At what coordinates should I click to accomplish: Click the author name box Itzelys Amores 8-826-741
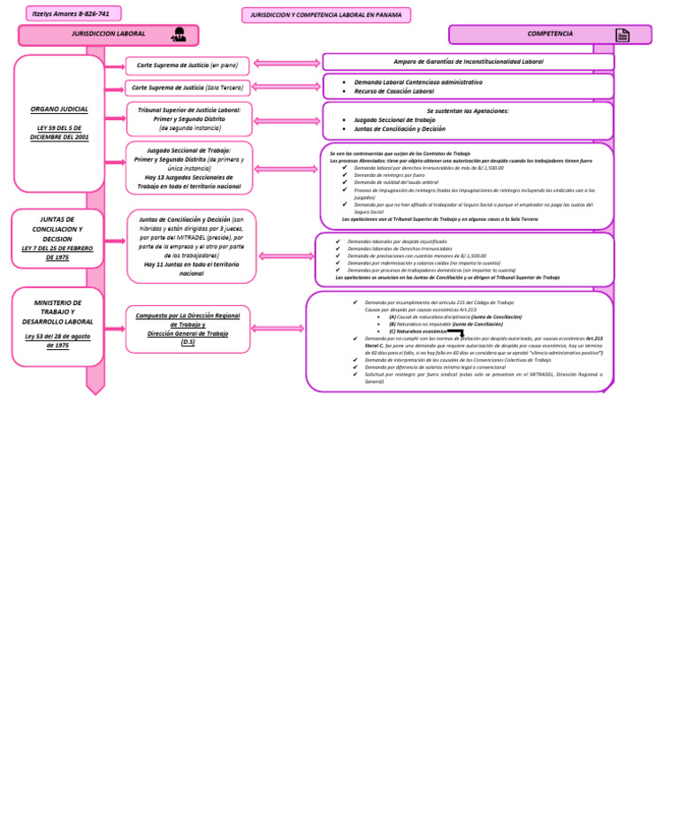point(73,13)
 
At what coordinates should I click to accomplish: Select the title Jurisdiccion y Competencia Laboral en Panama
point(326,15)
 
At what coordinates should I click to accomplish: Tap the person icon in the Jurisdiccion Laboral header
point(179,35)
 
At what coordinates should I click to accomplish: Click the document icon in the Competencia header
point(622,35)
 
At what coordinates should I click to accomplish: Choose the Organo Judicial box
point(59,123)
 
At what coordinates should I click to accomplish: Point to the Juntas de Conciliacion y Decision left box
point(57,238)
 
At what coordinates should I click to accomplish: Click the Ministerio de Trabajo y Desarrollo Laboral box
point(57,325)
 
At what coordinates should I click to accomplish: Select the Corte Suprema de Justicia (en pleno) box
point(187,65)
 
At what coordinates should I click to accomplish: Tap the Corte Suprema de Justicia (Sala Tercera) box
point(187,88)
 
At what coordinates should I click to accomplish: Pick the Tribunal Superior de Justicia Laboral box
point(189,118)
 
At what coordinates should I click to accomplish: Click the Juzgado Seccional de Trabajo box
point(188,168)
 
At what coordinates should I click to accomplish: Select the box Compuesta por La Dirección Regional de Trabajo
point(187,328)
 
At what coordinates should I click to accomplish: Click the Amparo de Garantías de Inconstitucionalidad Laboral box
point(468,62)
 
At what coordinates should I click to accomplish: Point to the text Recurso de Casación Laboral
point(394,91)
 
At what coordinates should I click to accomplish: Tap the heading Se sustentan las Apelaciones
point(468,111)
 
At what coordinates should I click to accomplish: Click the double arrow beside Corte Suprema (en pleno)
point(286,64)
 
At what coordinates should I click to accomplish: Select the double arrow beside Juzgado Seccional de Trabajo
point(286,168)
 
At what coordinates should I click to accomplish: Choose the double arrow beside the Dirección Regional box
point(278,328)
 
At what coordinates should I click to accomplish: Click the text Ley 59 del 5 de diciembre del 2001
point(59,133)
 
